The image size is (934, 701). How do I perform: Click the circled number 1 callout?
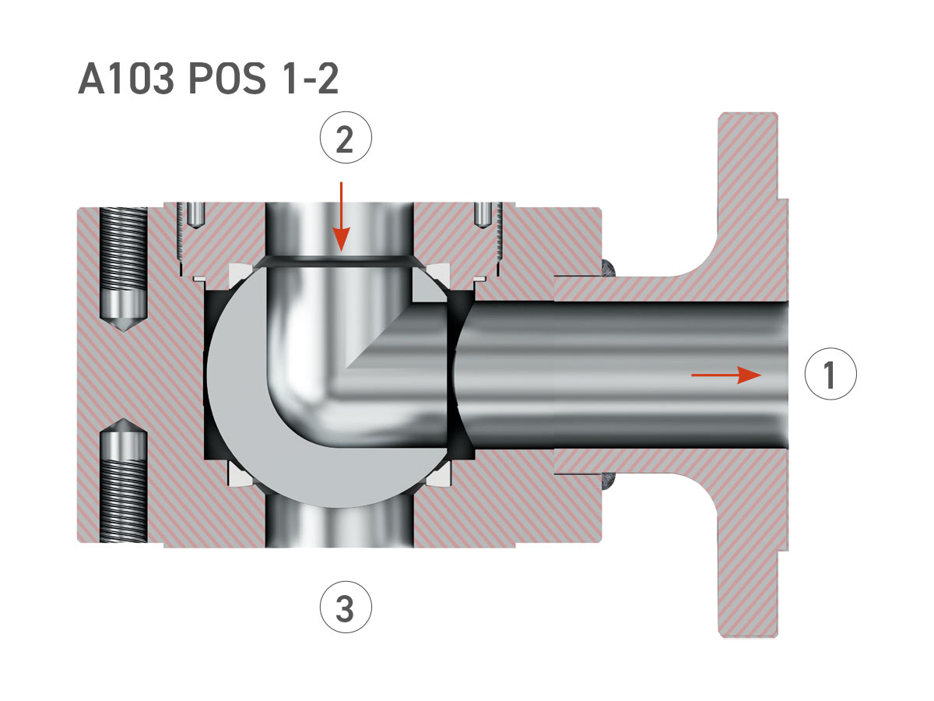(830, 375)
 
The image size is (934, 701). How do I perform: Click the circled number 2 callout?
(346, 139)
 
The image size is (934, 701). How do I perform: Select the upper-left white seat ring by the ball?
(237, 272)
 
